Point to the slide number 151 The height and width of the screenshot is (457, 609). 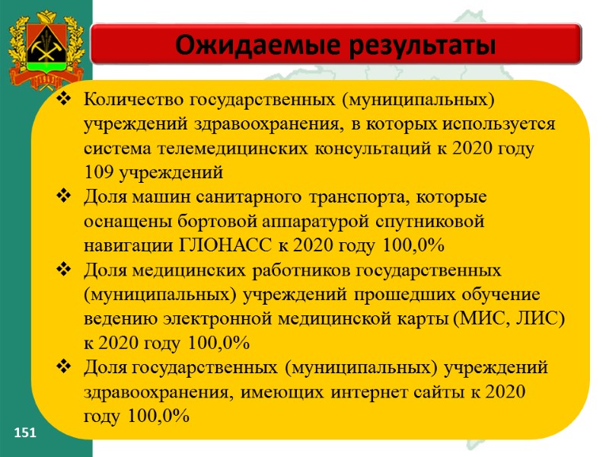click(27, 433)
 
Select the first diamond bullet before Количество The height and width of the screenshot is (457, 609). click(65, 99)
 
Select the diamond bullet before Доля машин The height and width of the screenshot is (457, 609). click(65, 198)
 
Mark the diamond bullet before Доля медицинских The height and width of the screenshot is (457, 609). click(65, 270)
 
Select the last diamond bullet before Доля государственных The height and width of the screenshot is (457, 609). click(65, 369)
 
